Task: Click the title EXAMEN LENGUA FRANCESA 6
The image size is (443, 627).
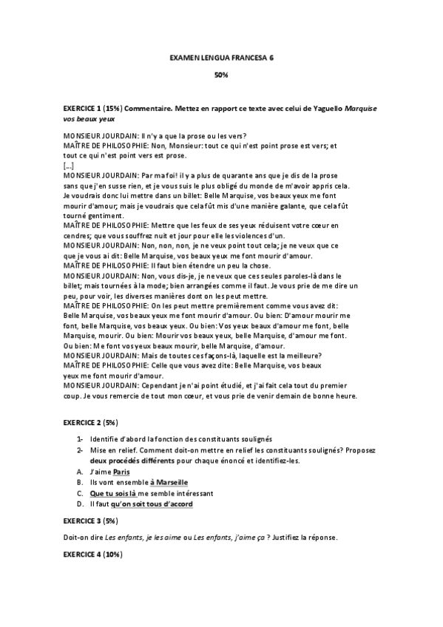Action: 221,56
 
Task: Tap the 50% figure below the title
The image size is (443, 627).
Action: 221,75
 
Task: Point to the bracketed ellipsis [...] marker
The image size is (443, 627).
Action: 69,166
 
